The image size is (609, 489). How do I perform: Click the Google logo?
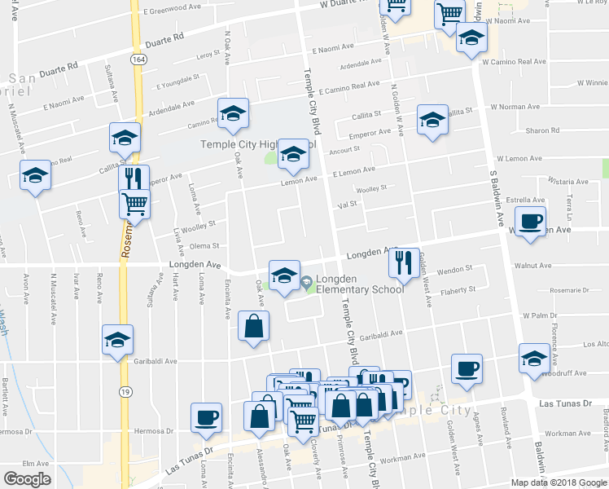27,478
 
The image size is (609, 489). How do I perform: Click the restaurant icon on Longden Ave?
402,262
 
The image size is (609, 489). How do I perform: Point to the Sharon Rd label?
542,130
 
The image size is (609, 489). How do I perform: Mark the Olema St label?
204,245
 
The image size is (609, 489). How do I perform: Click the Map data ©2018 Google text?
558,482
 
